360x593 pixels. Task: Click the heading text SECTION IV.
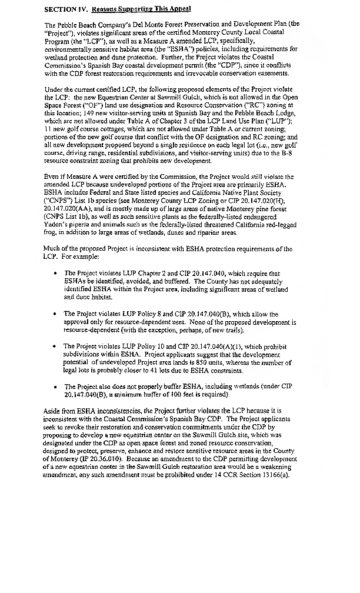click(66, 11)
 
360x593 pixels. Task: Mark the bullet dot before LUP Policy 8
click(54, 315)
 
